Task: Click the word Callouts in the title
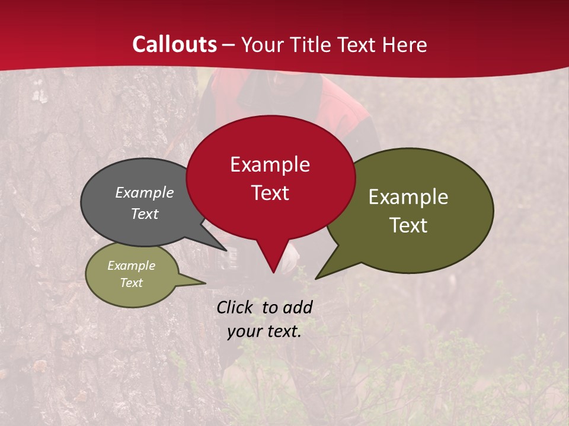(x=174, y=44)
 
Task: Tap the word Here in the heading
(x=404, y=44)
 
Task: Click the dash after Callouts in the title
(x=229, y=45)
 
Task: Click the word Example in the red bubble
(x=270, y=164)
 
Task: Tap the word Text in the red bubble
(x=270, y=193)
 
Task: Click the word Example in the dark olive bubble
(x=408, y=197)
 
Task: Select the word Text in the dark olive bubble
(x=408, y=225)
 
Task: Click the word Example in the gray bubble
(x=144, y=192)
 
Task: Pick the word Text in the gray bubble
(x=144, y=214)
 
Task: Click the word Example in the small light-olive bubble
(x=131, y=266)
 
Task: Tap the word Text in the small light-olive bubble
(x=131, y=283)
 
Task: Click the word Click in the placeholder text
(x=236, y=307)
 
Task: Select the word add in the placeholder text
(x=298, y=307)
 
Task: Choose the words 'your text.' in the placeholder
(x=264, y=331)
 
